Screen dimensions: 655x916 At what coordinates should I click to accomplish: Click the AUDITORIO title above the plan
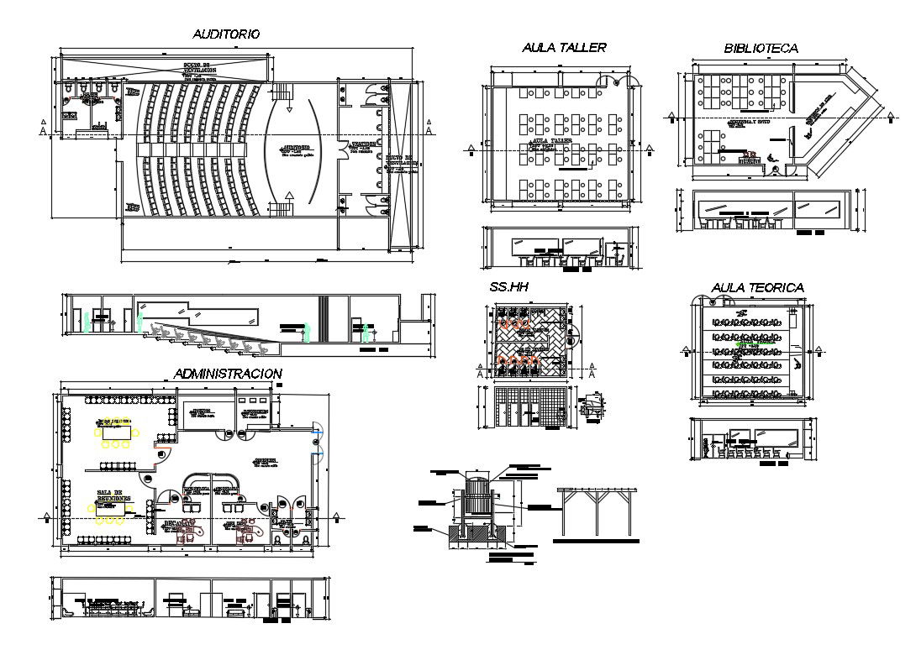(226, 34)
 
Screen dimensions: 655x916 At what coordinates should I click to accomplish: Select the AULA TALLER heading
(563, 48)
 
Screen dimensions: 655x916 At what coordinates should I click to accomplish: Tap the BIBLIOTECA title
(761, 49)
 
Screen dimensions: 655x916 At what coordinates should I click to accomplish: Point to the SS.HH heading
(508, 287)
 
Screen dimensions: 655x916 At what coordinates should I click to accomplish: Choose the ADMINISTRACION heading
(227, 373)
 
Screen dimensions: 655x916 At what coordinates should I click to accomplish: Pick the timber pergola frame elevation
(596, 512)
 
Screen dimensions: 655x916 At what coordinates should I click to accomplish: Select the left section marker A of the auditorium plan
(43, 129)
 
